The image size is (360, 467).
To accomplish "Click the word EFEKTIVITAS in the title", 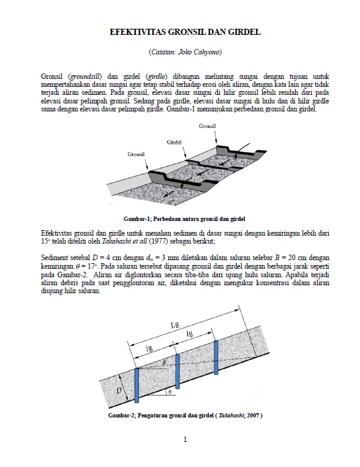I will (137, 32).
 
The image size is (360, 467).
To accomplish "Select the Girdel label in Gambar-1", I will (175, 142).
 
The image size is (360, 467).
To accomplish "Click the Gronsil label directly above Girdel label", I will (208, 125).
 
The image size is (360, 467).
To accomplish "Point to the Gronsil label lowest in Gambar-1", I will (137, 154).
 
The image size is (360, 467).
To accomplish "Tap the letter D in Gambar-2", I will (119, 389).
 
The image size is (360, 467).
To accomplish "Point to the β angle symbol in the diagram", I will (164, 362).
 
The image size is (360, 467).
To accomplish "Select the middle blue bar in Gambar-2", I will (177, 371).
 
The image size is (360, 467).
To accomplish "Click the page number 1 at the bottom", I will (185, 439).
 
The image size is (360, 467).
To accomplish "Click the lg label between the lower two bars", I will (149, 348).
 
